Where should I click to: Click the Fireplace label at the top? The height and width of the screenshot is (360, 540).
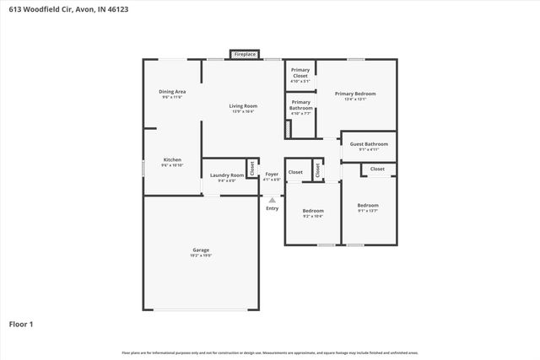pyautogui.click(x=245, y=54)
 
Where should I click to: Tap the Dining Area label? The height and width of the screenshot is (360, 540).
pyautogui.click(x=172, y=91)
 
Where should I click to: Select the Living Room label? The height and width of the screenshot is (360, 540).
pyautogui.click(x=242, y=106)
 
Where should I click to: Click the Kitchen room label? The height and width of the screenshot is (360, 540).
pyautogui.click(x=172, y=159)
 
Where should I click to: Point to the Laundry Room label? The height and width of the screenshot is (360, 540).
pyautogui.click(x=227, y=175)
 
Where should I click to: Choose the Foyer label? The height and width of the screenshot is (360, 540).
pyautogui.click(x=272, y=175)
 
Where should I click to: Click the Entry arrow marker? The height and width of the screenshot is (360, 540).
pyautogui.click(x=272, y=200)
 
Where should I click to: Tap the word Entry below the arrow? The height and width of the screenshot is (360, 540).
pyautogui.click(x=272, y=208)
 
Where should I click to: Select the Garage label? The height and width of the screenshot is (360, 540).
pyautogui.click(x=201, y=250)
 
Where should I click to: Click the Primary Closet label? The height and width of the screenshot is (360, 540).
pyautogui.click(x=300, y=73)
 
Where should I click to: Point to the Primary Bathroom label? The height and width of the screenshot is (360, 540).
pyautogui.click(x=300, y=105)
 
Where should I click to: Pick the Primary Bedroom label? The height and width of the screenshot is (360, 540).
pyautogui.click(x=354, y=94)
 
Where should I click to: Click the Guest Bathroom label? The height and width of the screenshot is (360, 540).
pyautogui.click(x=370, y=144)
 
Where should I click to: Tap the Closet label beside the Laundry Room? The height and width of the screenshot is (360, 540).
pyautogui.click(x=251, y=168)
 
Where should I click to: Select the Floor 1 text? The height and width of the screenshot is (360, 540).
pyautogui.click(x=21, y=324)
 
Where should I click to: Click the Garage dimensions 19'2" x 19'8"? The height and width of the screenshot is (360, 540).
pyautogui.click(x=201, y=255)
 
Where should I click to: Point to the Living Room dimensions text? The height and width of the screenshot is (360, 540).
pyautogui.click(x=242, y=112)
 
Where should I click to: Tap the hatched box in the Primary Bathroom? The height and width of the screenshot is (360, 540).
pyautogui.click(x=289, y=129)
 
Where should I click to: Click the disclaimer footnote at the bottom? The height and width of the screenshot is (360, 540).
pyautogui.click(x=270, y=352)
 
